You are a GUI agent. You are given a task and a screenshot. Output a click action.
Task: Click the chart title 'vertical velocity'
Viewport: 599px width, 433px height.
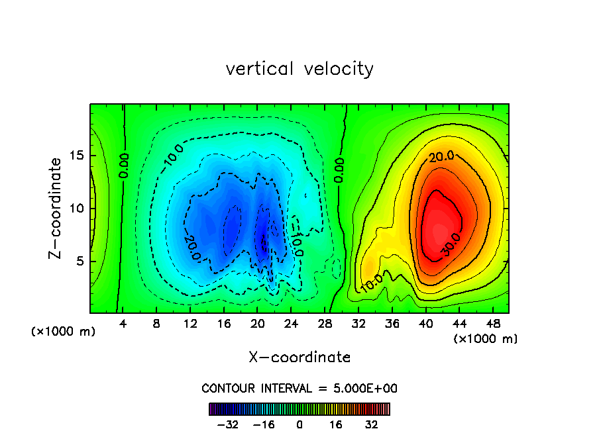click(299, 69)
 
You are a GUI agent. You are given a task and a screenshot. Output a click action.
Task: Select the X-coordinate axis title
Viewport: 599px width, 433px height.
click(299, 358)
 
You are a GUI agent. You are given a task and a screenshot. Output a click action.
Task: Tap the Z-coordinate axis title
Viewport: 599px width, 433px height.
click(57, 208)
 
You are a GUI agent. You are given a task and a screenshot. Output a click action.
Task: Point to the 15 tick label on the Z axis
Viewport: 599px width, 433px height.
click(76, 156)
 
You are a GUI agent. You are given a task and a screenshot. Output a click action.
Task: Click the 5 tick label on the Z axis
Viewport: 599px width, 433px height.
click(80, 261)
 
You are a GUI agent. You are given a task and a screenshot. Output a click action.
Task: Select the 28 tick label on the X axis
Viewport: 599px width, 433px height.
click(325, 324)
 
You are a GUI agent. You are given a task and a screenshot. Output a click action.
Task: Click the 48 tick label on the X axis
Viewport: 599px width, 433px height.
click(492, 324)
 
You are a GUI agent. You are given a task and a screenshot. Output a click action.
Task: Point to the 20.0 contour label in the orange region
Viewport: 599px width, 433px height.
click(441, 157)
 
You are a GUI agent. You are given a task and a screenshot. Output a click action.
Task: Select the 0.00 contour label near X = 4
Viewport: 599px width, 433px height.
click(124, 166)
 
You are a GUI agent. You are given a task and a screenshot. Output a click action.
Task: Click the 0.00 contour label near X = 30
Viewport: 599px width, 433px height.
click(339, 170)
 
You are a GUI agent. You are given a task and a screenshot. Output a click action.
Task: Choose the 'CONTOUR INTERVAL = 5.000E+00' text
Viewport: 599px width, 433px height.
click(299, 388)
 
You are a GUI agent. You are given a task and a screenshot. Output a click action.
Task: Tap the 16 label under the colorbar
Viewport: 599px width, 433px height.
click(336, 424)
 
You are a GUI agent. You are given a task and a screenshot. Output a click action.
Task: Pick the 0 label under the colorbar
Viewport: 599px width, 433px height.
click(299, 424)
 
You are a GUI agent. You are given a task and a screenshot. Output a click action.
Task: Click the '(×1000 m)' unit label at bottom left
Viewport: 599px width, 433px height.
click(63, 332)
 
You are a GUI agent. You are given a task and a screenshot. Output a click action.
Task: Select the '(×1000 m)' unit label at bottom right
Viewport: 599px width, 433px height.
click(486, 339)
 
